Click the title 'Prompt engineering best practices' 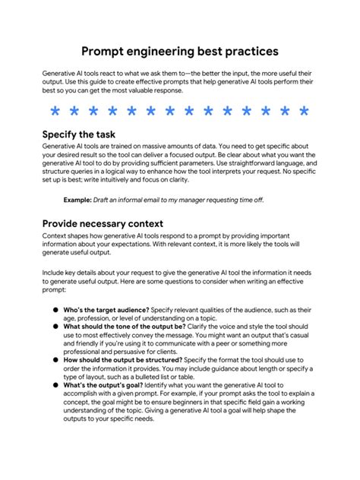coord(180,51)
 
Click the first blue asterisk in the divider coord(55,112)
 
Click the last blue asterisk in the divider coord(304,112)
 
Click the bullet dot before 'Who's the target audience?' coord(55,311)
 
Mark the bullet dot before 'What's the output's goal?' coord(55,385)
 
